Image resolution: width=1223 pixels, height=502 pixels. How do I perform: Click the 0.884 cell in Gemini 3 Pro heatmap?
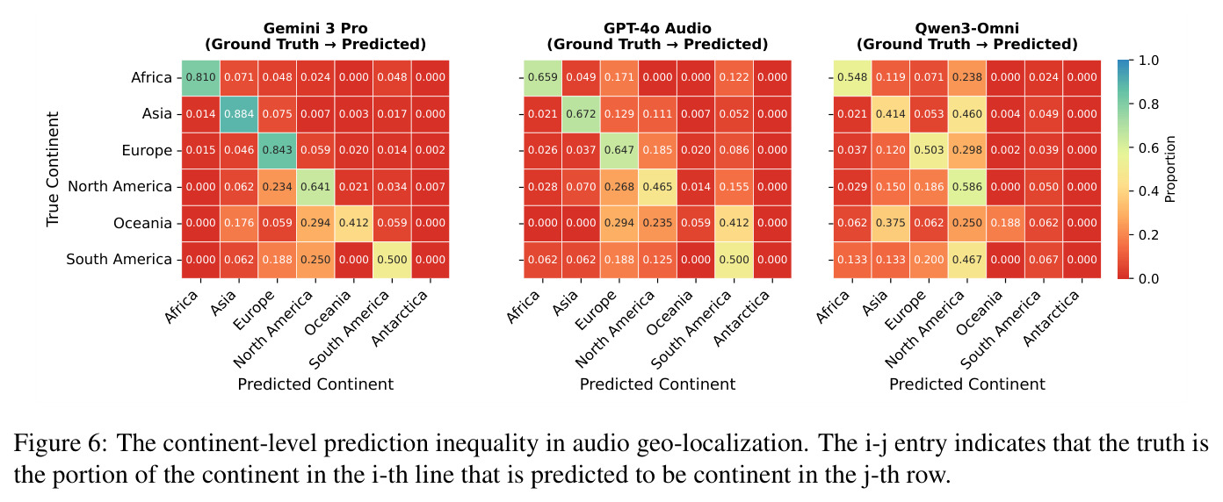pos(239,114)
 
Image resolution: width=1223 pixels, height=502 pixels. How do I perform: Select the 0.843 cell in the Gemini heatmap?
pos(278,151)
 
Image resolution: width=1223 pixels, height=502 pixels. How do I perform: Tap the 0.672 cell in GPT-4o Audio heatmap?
pos(581,114)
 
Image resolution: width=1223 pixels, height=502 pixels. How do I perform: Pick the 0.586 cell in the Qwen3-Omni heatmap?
pos(967,187)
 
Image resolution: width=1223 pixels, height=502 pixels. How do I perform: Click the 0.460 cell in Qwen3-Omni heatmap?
pos(967,114)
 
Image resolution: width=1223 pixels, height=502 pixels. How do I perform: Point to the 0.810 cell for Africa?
pos(201,77)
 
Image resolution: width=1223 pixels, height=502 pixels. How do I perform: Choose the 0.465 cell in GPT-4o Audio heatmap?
pos(657,187)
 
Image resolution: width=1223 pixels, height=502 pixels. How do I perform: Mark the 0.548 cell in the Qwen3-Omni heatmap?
pos(852,77)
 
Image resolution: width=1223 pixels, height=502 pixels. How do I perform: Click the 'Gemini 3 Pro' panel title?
pos(315,28)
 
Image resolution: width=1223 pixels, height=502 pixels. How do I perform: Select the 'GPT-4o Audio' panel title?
pos(657,28)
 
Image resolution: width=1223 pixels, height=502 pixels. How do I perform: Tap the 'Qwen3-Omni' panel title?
pos(967,28)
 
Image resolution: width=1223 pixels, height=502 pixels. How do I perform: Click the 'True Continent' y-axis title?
pos(53,169)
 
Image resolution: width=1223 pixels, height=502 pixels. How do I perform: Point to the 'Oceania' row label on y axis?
pos(142,223)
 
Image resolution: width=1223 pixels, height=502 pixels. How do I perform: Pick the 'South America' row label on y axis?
pos(119,259)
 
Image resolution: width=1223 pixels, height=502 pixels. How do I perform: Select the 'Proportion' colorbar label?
pos(1170,169)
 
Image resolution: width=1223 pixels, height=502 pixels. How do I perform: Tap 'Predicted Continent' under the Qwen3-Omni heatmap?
pos(967,384)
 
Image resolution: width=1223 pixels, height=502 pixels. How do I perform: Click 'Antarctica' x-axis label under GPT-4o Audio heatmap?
pos(742,318)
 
